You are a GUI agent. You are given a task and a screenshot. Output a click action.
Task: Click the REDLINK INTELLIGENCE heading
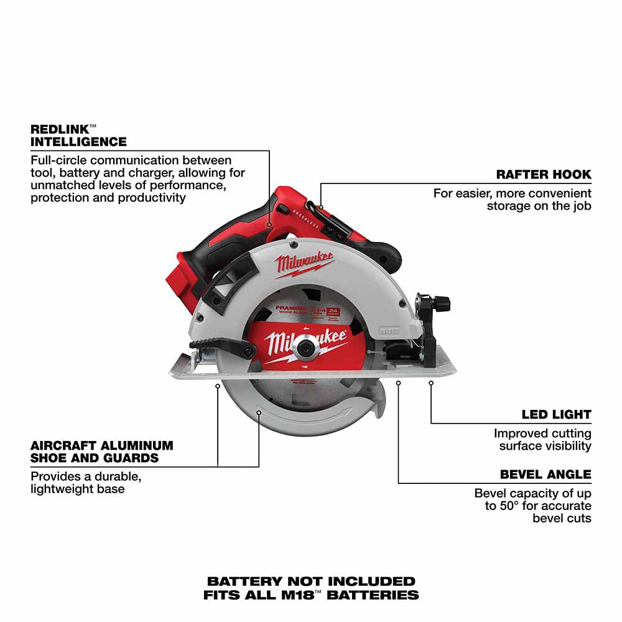point(78,135)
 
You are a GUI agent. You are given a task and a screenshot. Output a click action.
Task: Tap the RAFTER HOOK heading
point(544,174)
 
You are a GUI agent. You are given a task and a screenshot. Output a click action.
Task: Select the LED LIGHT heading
point(556,414)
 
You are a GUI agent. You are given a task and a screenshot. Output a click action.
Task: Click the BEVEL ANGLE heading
point(545,475)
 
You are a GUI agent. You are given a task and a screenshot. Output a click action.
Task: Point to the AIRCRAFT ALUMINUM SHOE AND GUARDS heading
point(101,452)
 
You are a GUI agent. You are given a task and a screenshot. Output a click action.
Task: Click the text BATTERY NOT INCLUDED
point(310,582)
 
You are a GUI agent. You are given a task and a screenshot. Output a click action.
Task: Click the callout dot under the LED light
point(430,383)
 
